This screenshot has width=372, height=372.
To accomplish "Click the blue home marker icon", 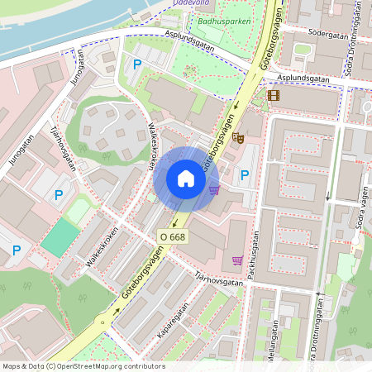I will (186, 179).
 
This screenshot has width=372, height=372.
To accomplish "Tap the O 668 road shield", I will (173, 236).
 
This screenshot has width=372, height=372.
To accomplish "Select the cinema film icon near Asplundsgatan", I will (274, 95).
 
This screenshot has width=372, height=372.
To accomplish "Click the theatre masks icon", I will (237, 138).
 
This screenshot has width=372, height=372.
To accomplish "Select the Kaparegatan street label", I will (173, 323).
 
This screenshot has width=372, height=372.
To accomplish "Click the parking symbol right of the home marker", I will (244, 174).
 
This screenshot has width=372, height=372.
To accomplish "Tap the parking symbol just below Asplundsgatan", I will (136, 64).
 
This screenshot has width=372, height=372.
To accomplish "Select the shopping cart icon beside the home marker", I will (214, 189).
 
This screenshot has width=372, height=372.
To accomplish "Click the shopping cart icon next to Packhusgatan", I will (237, 260).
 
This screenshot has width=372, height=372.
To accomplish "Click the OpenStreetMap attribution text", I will (83, 366).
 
